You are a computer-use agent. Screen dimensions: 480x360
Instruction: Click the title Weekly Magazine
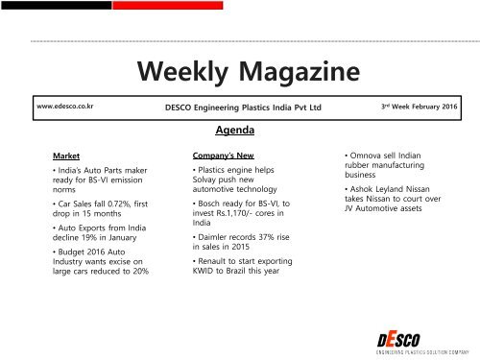click(239, 73)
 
